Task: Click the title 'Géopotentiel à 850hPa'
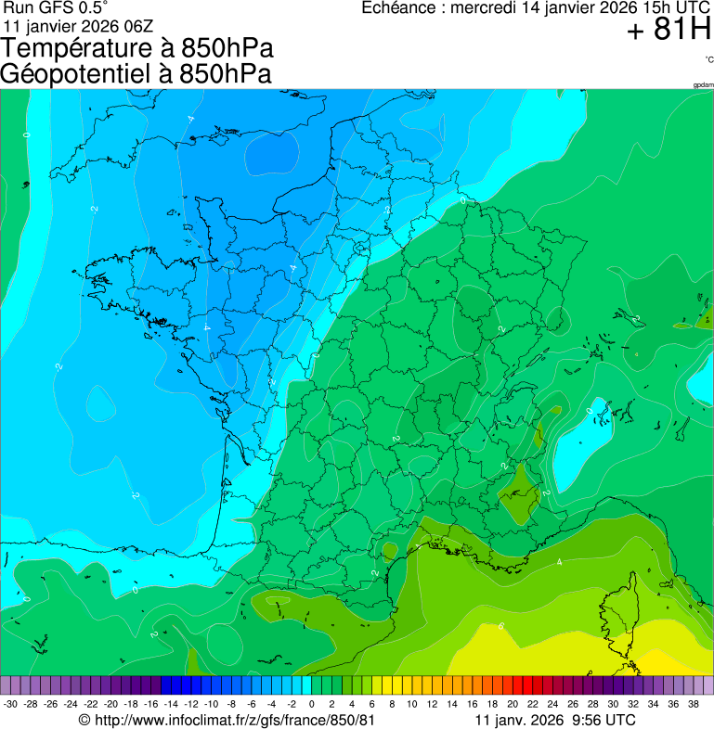coord(136,74)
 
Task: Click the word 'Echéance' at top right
coord(398,8)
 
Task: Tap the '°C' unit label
coord(708,60)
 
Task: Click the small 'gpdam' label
coord(703,85)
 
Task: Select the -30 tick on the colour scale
coord(10,704)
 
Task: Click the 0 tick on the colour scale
coord(311,704)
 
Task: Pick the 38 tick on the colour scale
coord(693,704)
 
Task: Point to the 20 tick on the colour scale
coord(512,704)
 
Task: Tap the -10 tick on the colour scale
coord(211,704)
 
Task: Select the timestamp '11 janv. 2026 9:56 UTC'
coord(554,720)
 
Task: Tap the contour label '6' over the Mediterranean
coord(500,627)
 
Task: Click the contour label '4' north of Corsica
coord(559,562)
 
